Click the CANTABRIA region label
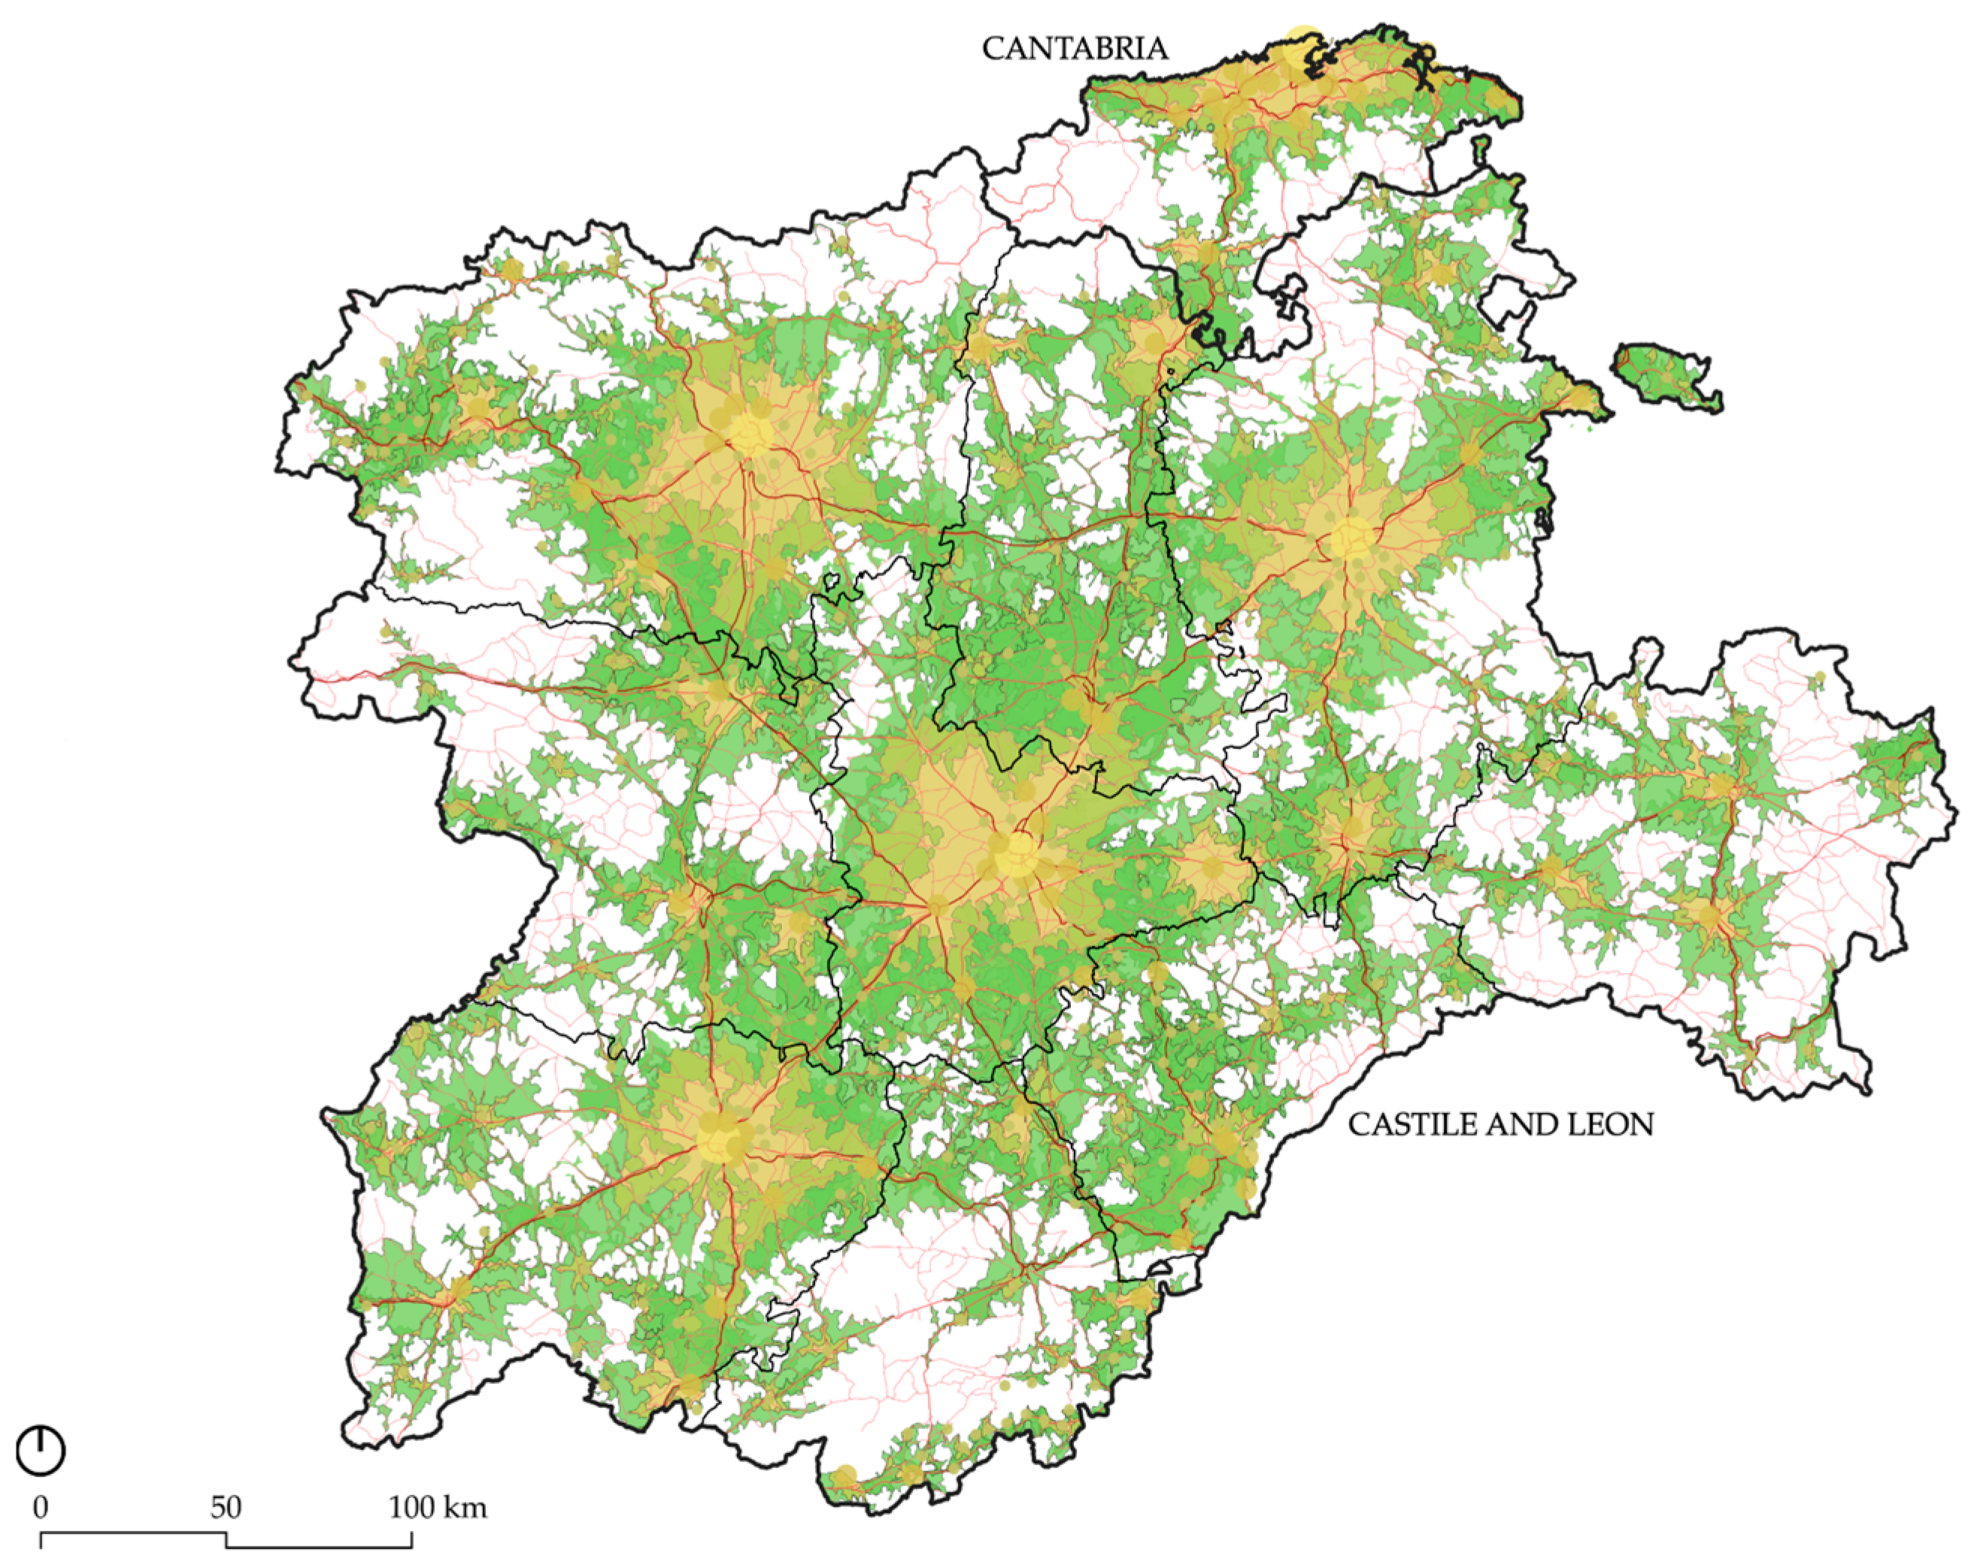pos(1074,49)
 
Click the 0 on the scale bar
pos(41,1506)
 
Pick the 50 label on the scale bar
pos(226,1506)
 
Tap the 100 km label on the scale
pos(438,1506)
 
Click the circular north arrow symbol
pos(41,1451)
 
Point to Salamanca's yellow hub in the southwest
pos(720,1140)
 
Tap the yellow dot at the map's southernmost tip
pos(844,1475)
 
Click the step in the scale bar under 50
pos(226,1540)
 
